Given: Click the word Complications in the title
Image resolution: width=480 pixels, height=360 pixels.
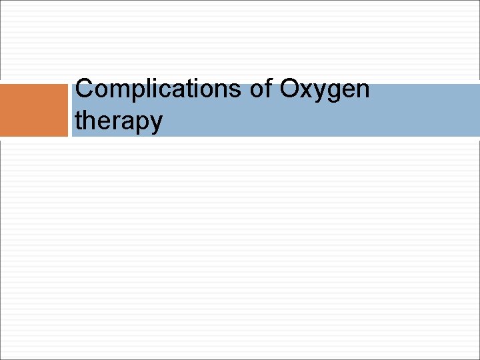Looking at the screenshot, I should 159,89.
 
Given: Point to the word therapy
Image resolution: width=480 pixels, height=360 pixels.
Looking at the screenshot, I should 119,121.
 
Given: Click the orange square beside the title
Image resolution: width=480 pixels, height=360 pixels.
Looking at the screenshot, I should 34,110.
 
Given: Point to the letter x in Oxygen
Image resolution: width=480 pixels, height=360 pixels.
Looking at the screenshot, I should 308,91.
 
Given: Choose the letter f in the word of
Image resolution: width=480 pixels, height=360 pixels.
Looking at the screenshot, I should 269,88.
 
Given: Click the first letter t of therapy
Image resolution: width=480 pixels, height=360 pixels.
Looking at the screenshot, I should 79,120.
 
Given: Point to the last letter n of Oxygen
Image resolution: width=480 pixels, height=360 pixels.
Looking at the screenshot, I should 362,91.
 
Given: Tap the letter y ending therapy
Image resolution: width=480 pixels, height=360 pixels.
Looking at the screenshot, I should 155,124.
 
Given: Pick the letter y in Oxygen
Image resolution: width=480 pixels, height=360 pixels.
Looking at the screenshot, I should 321,93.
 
